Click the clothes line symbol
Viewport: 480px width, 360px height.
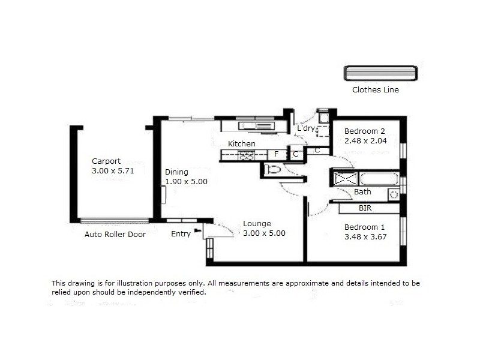(380, 73)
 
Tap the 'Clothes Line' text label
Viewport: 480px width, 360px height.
(376, 91)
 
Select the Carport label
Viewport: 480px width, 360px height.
(106, 161)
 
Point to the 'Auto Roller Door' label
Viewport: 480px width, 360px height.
(115, 235)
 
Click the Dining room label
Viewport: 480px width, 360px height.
(176, 172)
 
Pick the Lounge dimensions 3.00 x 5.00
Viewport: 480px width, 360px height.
(264, 233)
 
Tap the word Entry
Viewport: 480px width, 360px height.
(181, 234)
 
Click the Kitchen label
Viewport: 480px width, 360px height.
(241, 144)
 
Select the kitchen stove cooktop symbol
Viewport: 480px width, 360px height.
(247, 155)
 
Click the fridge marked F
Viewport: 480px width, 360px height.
(277, 154)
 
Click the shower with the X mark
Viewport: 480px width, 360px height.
(346, 178)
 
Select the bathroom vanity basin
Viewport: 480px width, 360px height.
(394, 193)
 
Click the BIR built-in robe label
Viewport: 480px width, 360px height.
(365, 208)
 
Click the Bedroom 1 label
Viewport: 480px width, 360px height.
(364, 227)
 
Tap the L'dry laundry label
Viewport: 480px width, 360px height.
(306, 128)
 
